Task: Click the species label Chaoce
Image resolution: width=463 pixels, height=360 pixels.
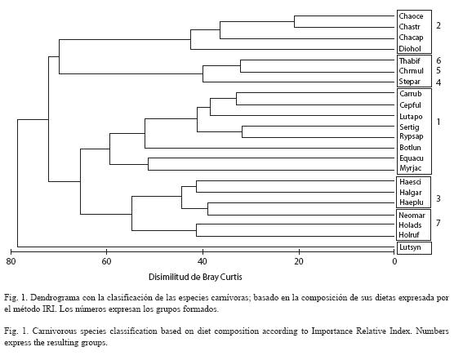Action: coord(411,16)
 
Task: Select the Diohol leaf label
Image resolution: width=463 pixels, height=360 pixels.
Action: coord(410,49)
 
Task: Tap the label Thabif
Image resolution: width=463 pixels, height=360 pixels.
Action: coord(410,60)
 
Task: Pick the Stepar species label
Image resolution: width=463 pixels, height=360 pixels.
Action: coord(410,82)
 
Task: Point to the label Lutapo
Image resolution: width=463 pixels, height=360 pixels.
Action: coord(411,117)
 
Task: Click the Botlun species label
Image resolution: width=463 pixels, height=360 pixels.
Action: coord(410,147)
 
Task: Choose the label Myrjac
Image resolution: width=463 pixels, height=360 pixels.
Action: coord(411,168)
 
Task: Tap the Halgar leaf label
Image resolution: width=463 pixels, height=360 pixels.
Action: coord(411,193)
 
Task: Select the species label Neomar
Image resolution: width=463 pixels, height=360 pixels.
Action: coord(412,216)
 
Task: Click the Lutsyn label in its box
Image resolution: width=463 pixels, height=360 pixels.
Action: coord(410,247)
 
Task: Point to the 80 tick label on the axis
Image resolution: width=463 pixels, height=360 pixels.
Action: coord(11,261)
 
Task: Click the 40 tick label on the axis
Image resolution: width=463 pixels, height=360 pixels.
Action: coord(203,261)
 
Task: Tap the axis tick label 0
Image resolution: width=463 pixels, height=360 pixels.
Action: coord(394,261)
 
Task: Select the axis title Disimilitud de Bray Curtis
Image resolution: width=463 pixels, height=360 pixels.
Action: coord(195,277)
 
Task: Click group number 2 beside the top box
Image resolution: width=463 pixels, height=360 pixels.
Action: coord(439,25)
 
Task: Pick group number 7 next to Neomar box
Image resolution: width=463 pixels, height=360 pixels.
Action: coord(439,223)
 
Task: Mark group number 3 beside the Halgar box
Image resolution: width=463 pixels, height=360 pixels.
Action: coord(439,198)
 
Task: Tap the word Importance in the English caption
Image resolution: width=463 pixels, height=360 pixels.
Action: coord(332,331)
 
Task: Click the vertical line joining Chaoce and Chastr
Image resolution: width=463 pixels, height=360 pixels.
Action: coord(295,21)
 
